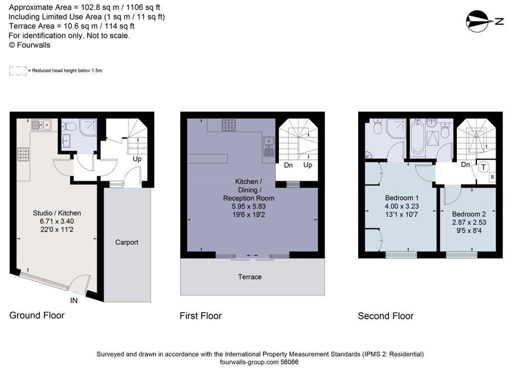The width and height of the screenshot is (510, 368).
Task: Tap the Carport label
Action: (127, 242)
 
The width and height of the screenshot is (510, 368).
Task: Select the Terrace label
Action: (250, 277)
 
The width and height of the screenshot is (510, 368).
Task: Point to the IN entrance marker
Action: (74, 301)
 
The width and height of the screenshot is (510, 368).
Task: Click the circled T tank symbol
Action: (483, 168)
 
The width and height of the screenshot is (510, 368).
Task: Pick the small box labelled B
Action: (492, 177)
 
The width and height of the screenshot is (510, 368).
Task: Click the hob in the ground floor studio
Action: (23, 154)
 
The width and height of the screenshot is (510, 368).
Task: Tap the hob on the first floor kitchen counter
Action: (229, 125)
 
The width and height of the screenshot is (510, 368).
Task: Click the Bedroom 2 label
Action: (469, 214)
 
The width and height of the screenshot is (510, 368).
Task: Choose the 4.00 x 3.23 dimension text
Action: (401, 206)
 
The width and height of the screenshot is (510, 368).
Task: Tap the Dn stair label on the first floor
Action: (288, 165)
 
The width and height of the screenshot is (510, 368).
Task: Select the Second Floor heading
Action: (385, 316)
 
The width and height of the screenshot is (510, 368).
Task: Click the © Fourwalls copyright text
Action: (29, 45)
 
